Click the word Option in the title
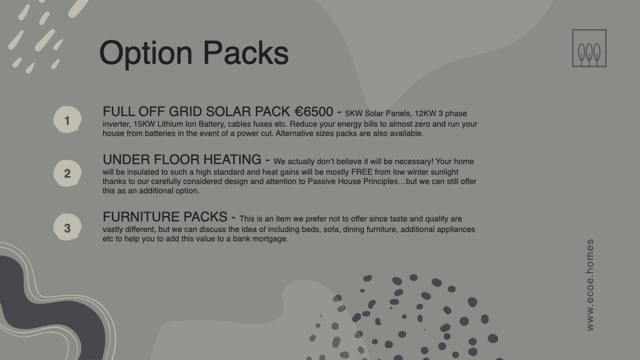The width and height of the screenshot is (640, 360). click(146, 53)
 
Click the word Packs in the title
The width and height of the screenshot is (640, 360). click(246, 53)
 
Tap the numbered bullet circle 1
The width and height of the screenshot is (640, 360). click(67, 119)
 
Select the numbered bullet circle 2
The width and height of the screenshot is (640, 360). click(67, 173)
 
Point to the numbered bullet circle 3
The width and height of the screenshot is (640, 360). click(67, 227)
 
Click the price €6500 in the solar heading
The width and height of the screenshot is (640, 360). click(314, 111)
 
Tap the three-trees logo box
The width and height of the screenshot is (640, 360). click(589, 48)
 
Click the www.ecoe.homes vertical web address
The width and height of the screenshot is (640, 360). click(590, 285)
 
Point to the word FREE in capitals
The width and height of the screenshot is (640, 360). click(361, 172)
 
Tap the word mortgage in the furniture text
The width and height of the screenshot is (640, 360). click(273, 239)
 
